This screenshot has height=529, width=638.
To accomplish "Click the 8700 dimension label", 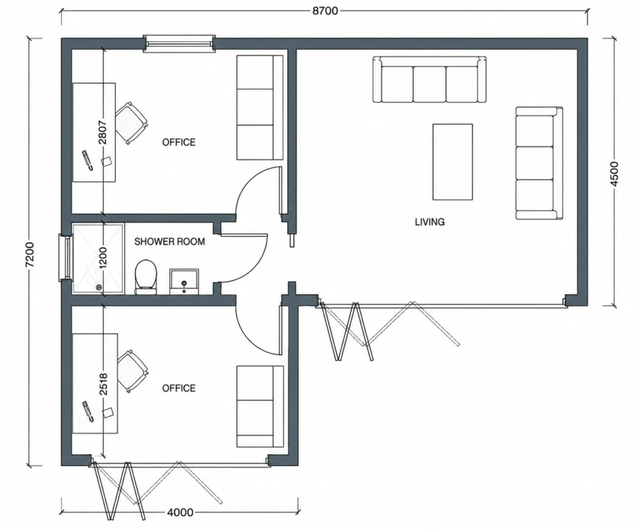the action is (x=325, y=11).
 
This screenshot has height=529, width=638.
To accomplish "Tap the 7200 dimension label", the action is (x=30, y=255).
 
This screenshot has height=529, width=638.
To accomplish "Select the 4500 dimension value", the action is (x=615, y=174).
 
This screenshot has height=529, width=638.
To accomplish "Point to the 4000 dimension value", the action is (x=180, y=512).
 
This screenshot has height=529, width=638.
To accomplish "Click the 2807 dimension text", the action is (x=103, y=132).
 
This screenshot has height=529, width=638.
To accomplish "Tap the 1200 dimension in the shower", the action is (x=103, y=257).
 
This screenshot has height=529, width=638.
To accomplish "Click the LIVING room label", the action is (x=430, y=222).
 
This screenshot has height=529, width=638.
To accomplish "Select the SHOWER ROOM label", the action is (x=169, y=241).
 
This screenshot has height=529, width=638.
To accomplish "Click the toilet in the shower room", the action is (x=145, y=277).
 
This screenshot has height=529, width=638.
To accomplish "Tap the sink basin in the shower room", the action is (x=184, y=282).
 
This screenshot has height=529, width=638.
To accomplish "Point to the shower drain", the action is (x=99, y=287).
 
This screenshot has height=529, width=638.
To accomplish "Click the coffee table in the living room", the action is (x=452, y=162).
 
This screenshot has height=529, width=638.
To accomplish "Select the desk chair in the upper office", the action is (x=131, y=123).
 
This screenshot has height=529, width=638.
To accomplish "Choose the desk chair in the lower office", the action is (x=133, y=371).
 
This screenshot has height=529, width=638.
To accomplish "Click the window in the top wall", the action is (x=179, y=43).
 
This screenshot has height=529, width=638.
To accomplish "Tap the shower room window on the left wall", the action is (x=65, y=257).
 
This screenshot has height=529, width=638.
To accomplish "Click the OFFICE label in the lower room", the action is (x=179, y=388).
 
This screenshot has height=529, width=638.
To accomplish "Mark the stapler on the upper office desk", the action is (x=88, y=160).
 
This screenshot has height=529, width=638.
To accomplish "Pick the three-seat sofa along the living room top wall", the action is (x=430, y=79).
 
